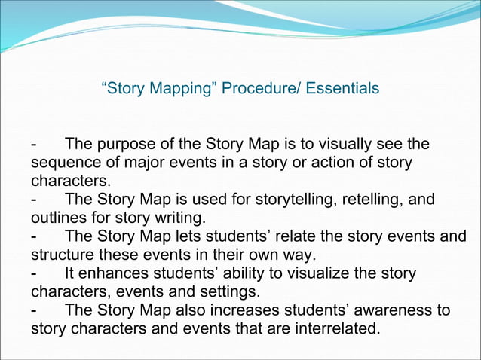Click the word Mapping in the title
click(178, 89)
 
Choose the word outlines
click(57, 218)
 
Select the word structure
click(62, 255)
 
